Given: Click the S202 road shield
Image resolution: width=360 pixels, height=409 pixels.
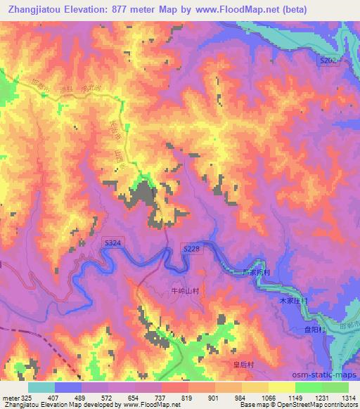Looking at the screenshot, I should tap(328, 61).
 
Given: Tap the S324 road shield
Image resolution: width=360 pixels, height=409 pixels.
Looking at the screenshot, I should tap(112, 242).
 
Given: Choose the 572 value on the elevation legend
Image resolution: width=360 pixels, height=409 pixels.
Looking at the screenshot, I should tap(107, 397).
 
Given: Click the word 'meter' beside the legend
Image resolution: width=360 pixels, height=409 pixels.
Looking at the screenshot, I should tap(9, 397).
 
